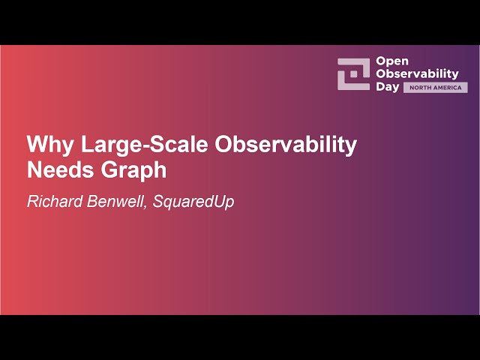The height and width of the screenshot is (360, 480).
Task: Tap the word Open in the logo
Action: [x=391, y=61]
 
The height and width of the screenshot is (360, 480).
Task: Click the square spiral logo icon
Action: [x=353, y=73]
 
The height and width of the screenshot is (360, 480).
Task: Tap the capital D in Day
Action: [x=379, y=87]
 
